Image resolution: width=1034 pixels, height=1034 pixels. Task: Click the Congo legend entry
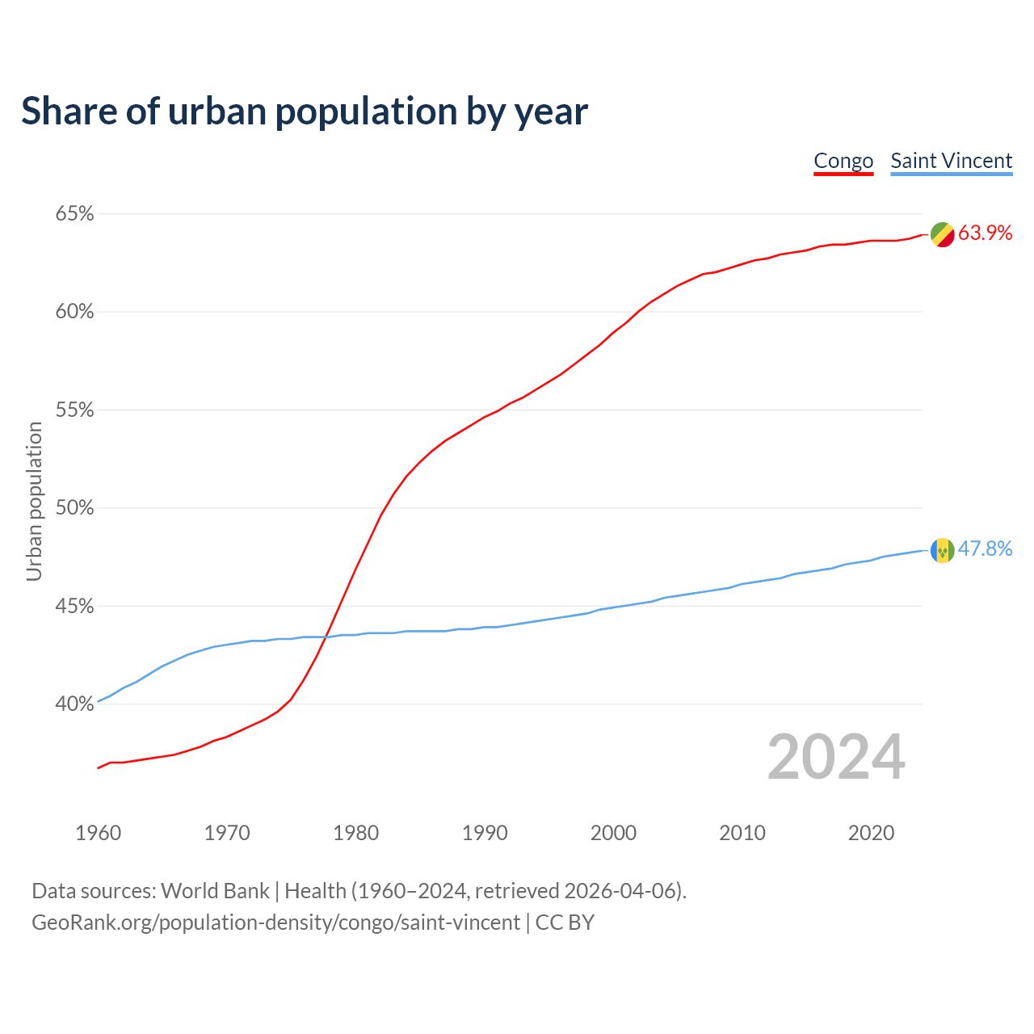843,161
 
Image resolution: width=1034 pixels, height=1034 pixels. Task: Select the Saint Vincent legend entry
951,161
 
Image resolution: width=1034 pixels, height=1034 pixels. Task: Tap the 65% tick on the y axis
74,214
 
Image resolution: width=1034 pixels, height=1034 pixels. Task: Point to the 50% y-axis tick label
74,508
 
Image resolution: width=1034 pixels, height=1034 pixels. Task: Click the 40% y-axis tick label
74,704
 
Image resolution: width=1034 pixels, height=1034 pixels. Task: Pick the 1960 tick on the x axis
98,833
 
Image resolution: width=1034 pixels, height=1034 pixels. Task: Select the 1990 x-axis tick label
485,833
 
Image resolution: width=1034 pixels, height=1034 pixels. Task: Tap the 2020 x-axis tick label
871,833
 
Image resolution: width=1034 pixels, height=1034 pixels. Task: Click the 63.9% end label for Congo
985,233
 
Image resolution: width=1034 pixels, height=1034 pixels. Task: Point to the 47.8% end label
985,549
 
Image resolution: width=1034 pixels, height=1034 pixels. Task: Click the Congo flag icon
942,234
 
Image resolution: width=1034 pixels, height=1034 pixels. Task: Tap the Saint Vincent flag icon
942,550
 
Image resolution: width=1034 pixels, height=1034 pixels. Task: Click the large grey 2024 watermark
836,757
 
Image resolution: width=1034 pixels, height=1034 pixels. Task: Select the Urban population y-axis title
34,501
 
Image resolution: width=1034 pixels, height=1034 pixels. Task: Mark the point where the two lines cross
327,636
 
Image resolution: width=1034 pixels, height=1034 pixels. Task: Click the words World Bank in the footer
215,891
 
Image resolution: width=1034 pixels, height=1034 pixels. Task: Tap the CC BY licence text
565,923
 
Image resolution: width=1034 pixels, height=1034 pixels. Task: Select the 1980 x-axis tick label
355,833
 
